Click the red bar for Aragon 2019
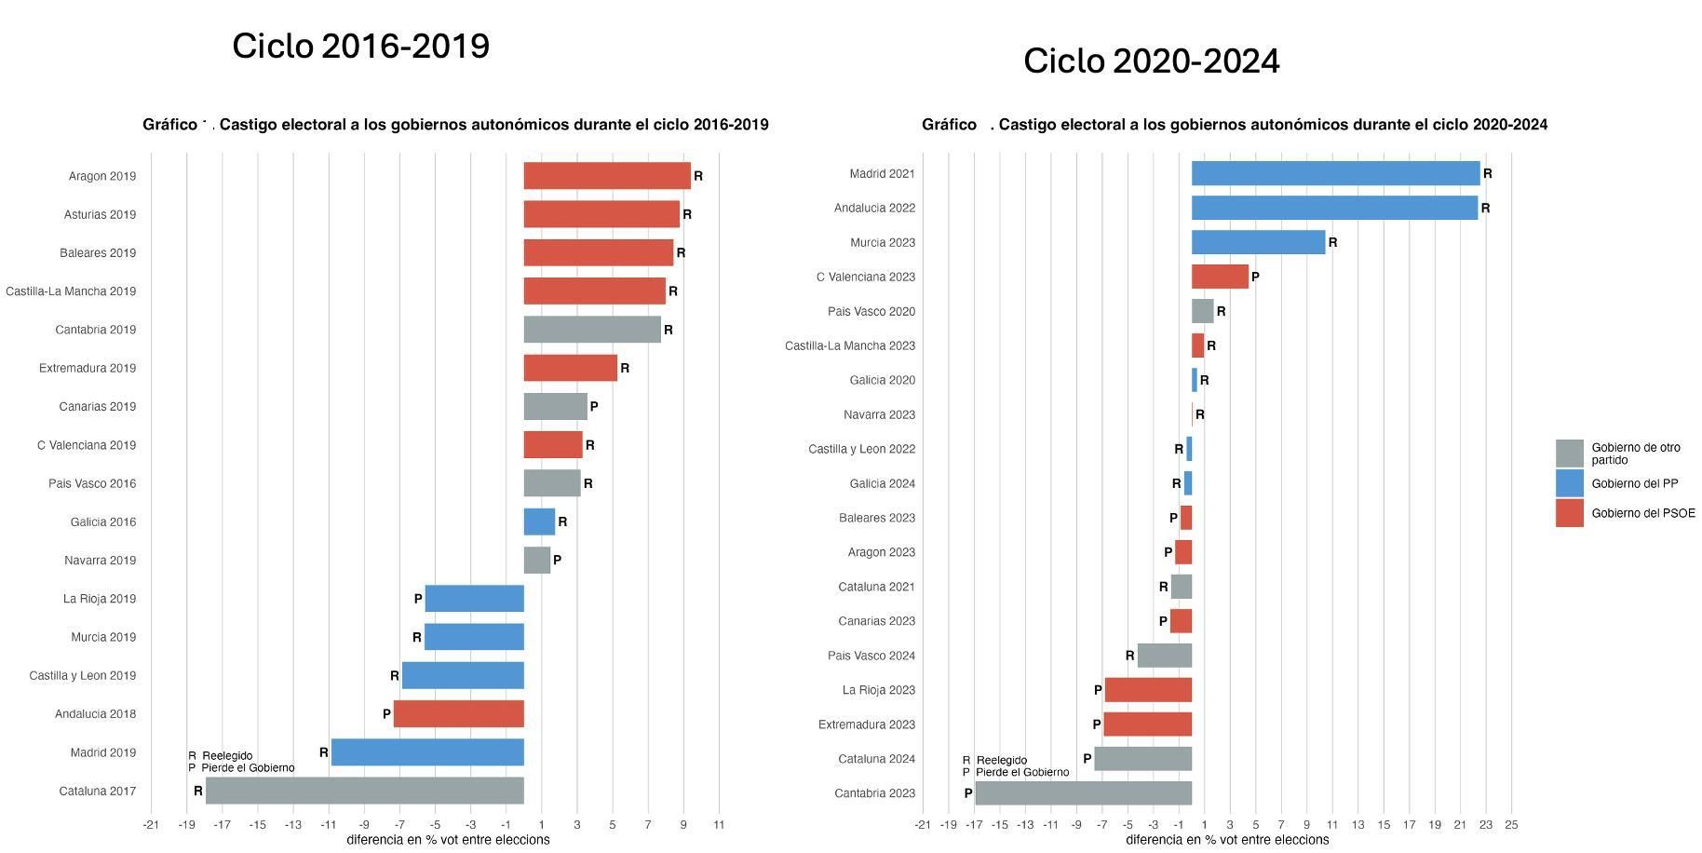(607, 176)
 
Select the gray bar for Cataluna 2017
(365, 791)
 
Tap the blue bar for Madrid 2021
(1335, 173)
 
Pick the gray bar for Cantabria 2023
(1083, 793)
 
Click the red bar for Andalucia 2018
(459, 714)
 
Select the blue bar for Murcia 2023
(1258, 242)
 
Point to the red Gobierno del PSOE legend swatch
(1569, 513)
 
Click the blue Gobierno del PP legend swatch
(1569, 483)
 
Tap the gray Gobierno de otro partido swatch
(1569, 454)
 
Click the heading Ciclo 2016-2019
(360, 47)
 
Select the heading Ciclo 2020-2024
(1151, 61)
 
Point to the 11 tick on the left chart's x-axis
(719, 825)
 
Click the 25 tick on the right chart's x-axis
(1511, 825)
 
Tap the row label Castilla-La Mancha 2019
(71, 291)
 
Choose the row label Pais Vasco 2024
(871, 656)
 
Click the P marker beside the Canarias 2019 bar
(594, 407)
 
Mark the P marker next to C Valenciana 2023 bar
(1255, 278)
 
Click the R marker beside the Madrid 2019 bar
(324, 752)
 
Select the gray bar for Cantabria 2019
(592, 330)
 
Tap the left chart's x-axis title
(448, 840)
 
